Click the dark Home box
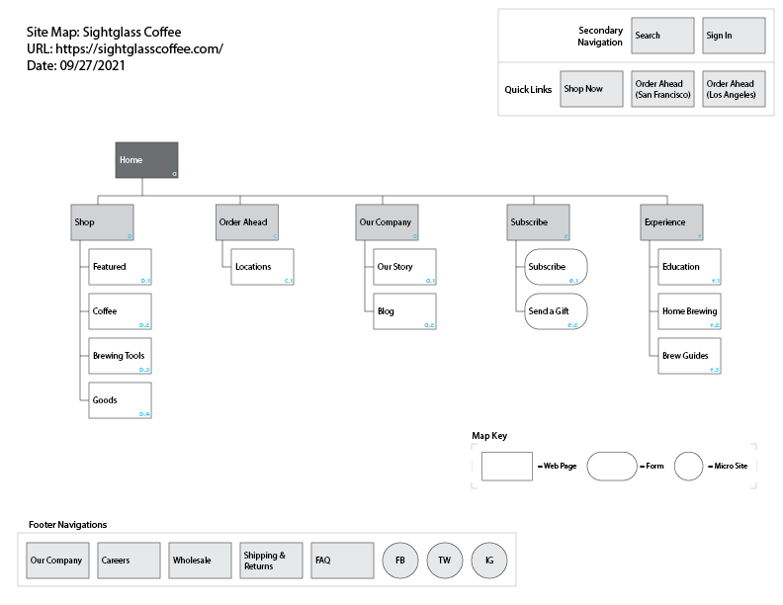[x=146, y=160]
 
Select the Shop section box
[x=102, y=222]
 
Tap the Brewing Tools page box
[x=120, y=356]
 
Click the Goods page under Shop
[x=120, y=400]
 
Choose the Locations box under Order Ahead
[x=263, y=267]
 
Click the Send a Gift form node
[x=556, y=311]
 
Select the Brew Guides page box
[x=690, y=356]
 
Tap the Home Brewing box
[x=690, y=311]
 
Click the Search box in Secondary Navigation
[x=662, y=36]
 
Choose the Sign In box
[x=734, y=36]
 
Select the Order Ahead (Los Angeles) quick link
[x=734, y=89]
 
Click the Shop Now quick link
[x=591, y=89]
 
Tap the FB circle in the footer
[x=400, y=561]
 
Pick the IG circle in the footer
[x=489, y=561]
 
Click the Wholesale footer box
[x=200, y=561]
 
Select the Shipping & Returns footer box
[x=271, y=561]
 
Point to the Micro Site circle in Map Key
[x=689, y=466]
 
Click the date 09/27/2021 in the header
[x=97, y=65]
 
